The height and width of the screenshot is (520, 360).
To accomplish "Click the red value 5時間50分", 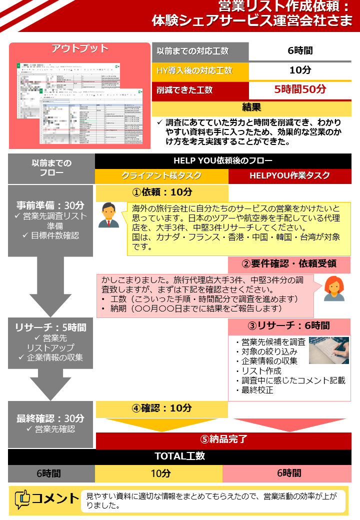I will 300,89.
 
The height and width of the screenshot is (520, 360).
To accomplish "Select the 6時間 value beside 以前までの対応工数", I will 300,50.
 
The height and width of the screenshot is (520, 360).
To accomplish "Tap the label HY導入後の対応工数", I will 194,70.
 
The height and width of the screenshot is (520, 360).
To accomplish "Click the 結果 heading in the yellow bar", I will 251,107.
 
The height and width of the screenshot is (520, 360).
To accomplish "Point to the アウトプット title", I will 80,48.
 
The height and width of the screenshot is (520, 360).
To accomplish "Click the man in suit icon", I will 108,215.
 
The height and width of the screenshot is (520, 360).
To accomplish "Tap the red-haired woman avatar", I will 333,288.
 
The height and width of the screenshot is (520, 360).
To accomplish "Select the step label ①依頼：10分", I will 162,192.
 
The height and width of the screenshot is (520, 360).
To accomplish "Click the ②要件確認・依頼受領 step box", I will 289,264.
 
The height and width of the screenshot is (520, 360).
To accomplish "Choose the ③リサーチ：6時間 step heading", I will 289,325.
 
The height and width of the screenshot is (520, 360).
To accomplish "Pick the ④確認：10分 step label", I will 162,408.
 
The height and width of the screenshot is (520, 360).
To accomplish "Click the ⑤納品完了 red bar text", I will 223,439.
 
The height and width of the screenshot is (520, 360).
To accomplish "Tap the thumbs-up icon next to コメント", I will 22,499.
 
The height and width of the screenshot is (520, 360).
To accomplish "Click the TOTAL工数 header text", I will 180,456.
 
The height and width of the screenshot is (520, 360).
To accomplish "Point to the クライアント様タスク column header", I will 161,175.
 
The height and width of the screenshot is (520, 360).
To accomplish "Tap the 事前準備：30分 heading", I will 50,205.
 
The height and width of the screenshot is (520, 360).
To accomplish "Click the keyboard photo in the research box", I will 328,350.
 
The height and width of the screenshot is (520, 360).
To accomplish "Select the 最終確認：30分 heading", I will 50,418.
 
